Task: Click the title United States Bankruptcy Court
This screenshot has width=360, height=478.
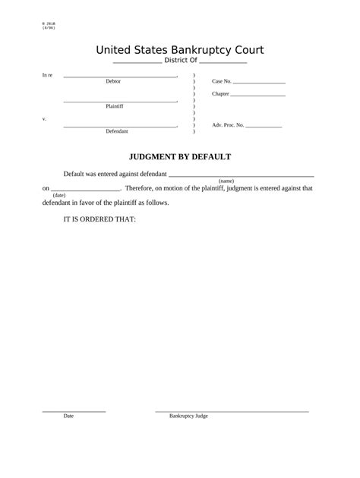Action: (x=179, y=50)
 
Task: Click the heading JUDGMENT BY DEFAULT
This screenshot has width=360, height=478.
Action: (x=179, y=157)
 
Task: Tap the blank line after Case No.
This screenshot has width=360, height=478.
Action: (x=259, y=81)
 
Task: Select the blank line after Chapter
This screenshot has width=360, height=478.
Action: (x=257, y=96)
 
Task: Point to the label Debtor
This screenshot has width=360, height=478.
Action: (x=113, y=81)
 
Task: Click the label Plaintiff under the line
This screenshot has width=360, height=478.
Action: (x=115, y=106)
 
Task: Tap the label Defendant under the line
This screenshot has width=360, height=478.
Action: (x=117, y=131)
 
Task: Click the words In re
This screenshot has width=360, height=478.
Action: (x=47, y=76)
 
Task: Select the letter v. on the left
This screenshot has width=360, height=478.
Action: (x=44, y=119)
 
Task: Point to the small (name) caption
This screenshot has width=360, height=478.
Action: (x=226, y=181)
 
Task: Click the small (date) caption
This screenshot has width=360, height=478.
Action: (x=59, y=195)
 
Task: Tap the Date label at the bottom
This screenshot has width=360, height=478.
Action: (x=68, y=416)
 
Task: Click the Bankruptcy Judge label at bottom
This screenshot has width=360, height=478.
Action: (x=188, y=416)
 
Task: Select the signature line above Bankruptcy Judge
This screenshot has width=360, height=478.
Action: (x=232, y=411)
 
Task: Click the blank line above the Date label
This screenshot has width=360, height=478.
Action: (x=74, y=411)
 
